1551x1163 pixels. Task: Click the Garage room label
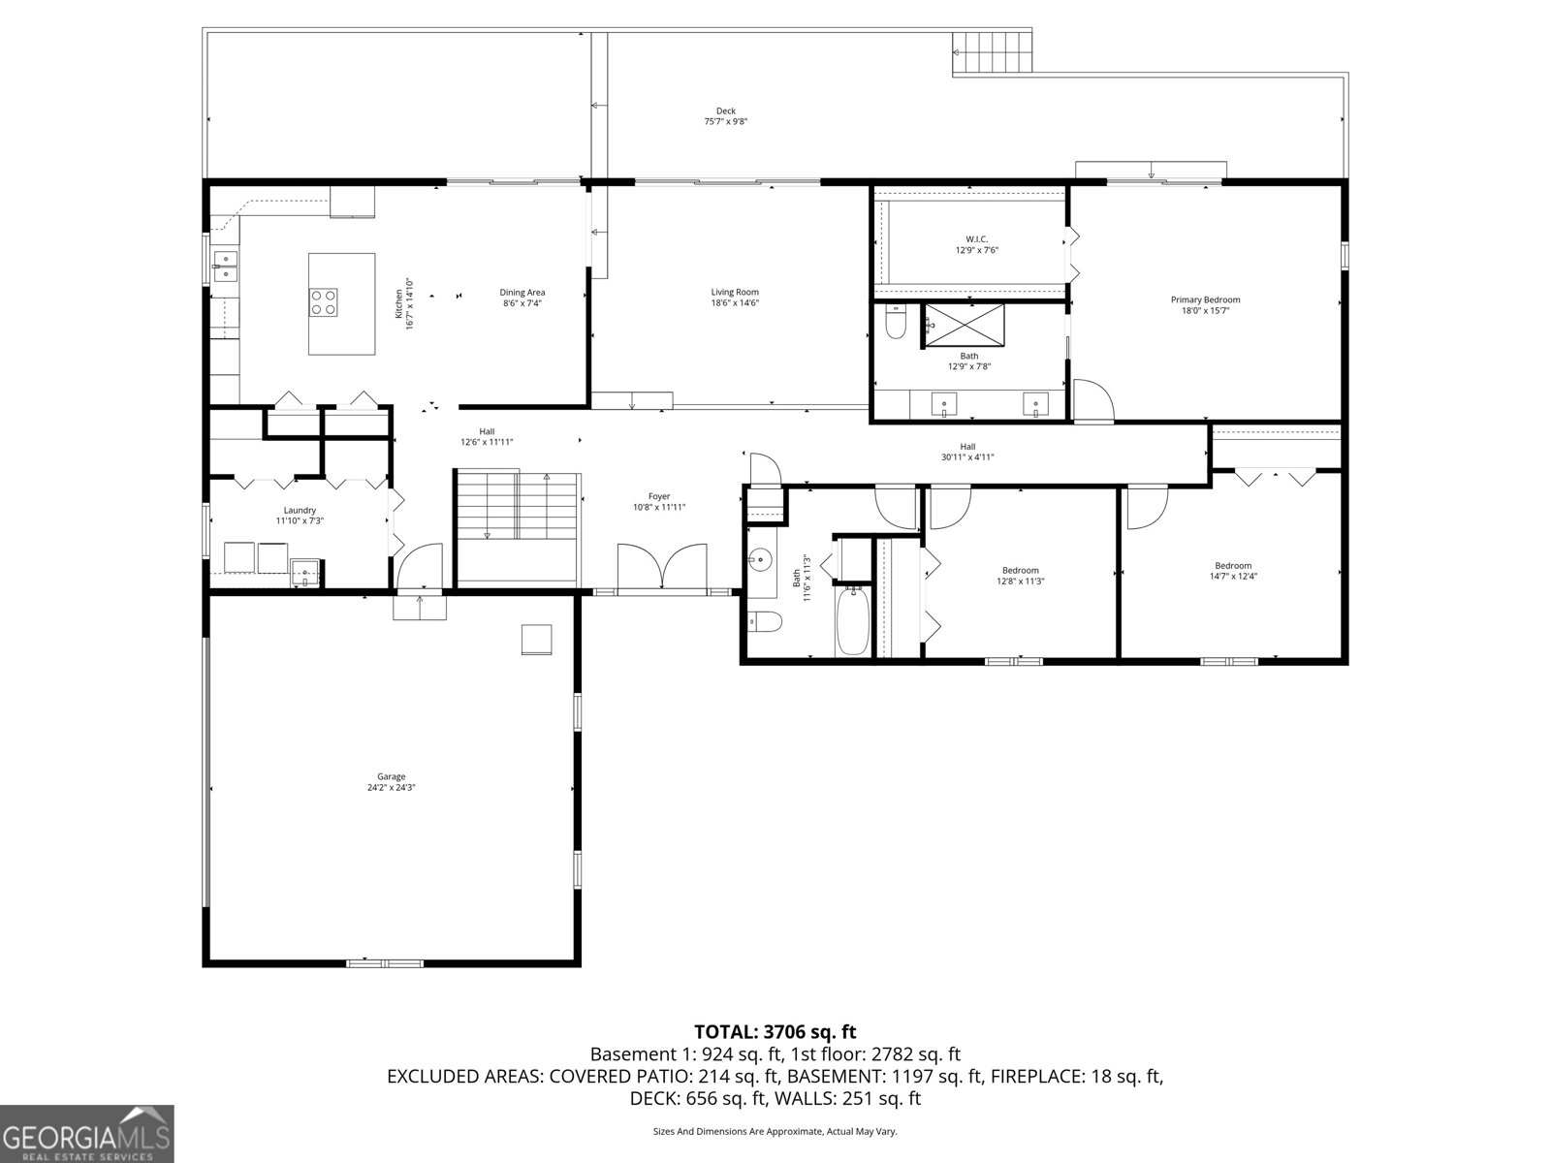392,776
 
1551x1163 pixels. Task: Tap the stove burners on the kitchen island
324,302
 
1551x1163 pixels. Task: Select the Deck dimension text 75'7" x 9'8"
725,122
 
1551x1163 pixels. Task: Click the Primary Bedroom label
1205,300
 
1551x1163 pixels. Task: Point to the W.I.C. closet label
976,239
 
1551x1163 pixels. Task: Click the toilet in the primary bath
896,324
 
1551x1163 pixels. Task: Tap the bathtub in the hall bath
853,620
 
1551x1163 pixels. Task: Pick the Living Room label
735,292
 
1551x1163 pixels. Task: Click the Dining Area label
522,293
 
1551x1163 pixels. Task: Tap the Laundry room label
300,511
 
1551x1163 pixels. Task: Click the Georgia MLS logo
86,1133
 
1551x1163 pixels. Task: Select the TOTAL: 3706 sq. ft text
775,1032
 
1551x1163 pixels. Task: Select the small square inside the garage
536,640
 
